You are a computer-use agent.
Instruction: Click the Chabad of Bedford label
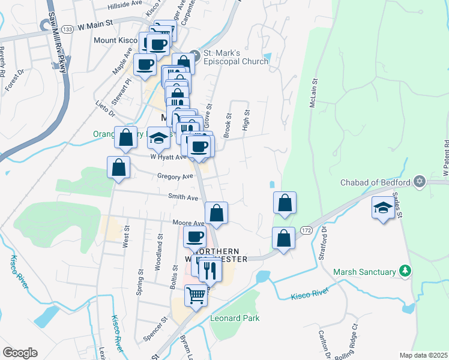[375, 182]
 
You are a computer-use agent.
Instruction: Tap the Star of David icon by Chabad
[419, 181]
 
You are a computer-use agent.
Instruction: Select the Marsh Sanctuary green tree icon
[406, 272]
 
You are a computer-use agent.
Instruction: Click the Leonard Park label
[235, 318]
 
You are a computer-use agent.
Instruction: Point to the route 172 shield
[306, 230]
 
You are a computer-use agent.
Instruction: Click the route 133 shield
[67, 29]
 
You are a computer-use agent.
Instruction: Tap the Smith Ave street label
[183, 197]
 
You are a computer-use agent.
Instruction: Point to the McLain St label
[313, 93]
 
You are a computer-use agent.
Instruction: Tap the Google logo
[20, 352]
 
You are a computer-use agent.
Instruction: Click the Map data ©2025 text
[424, 355]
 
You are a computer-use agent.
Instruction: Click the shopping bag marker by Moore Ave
[216, 213]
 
